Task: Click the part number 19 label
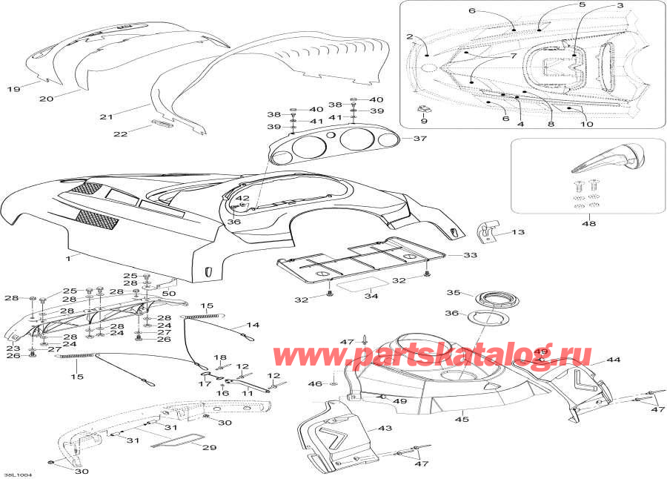13,90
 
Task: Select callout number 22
119,133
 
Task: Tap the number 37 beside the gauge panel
420,139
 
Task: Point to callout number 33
471,255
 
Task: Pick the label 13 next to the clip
517,232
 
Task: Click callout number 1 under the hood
68,258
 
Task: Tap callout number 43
384,429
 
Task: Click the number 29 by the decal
210,448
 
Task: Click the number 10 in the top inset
586,125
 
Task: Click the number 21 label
105,116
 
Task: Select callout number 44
613,360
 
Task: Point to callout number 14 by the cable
253,325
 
